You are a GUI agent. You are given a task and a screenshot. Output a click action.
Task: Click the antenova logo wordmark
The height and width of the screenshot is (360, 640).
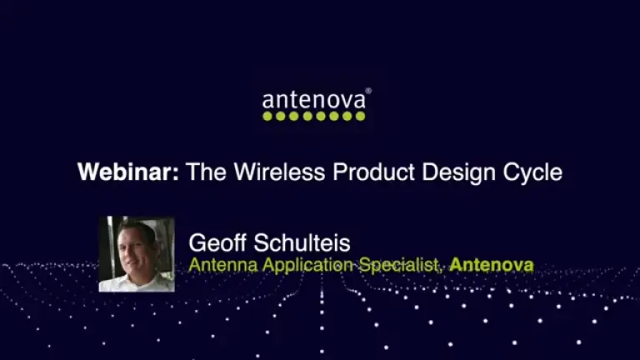(x=313, y=101)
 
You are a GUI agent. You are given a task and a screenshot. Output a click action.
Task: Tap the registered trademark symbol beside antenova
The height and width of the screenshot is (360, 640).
(x=368, y=91)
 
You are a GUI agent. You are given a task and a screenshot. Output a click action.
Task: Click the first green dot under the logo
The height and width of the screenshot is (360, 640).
(x=267, y=117)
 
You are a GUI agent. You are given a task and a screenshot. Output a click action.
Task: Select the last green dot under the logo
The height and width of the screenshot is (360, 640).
(x=361, y=117)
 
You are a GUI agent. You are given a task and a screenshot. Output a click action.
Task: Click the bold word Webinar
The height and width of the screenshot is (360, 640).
(x=128, y=172)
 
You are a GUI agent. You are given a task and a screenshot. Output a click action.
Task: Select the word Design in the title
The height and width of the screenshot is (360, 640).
(x=462, y=172)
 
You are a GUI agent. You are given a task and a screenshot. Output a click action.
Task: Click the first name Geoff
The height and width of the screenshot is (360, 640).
(x=219, y=243)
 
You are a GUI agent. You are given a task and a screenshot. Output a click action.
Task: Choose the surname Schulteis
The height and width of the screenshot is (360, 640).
(x=303, y=243)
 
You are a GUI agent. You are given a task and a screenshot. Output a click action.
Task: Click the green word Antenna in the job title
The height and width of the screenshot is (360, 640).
(x=219, y=266)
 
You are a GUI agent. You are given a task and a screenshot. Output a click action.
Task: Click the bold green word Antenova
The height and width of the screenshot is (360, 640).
(x=492, y=266)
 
